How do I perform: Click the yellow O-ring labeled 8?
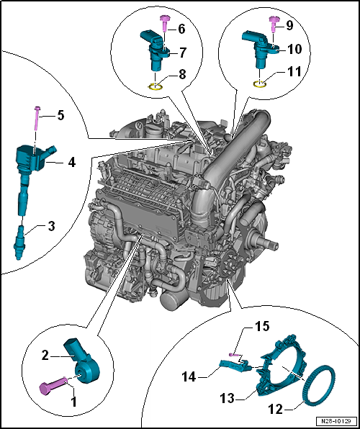pos(153,87)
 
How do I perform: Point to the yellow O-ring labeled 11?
pos(262,84)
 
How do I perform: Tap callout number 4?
pos(72,163)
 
